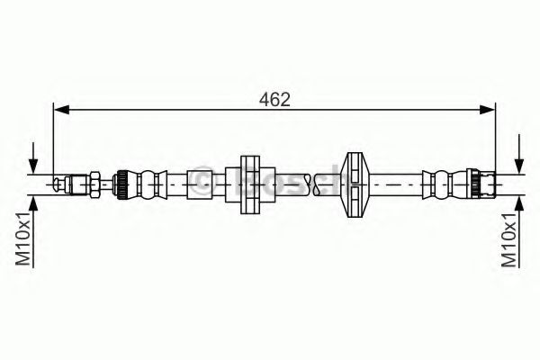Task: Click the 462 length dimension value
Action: [274, 98]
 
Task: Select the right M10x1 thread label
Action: [509, 237]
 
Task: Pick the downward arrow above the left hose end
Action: [35, 162]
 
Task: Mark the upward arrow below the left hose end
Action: [35, 202]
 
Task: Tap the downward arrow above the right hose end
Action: [519, 162]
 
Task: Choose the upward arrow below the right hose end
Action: [519, 202]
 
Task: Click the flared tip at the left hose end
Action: [60, 184]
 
